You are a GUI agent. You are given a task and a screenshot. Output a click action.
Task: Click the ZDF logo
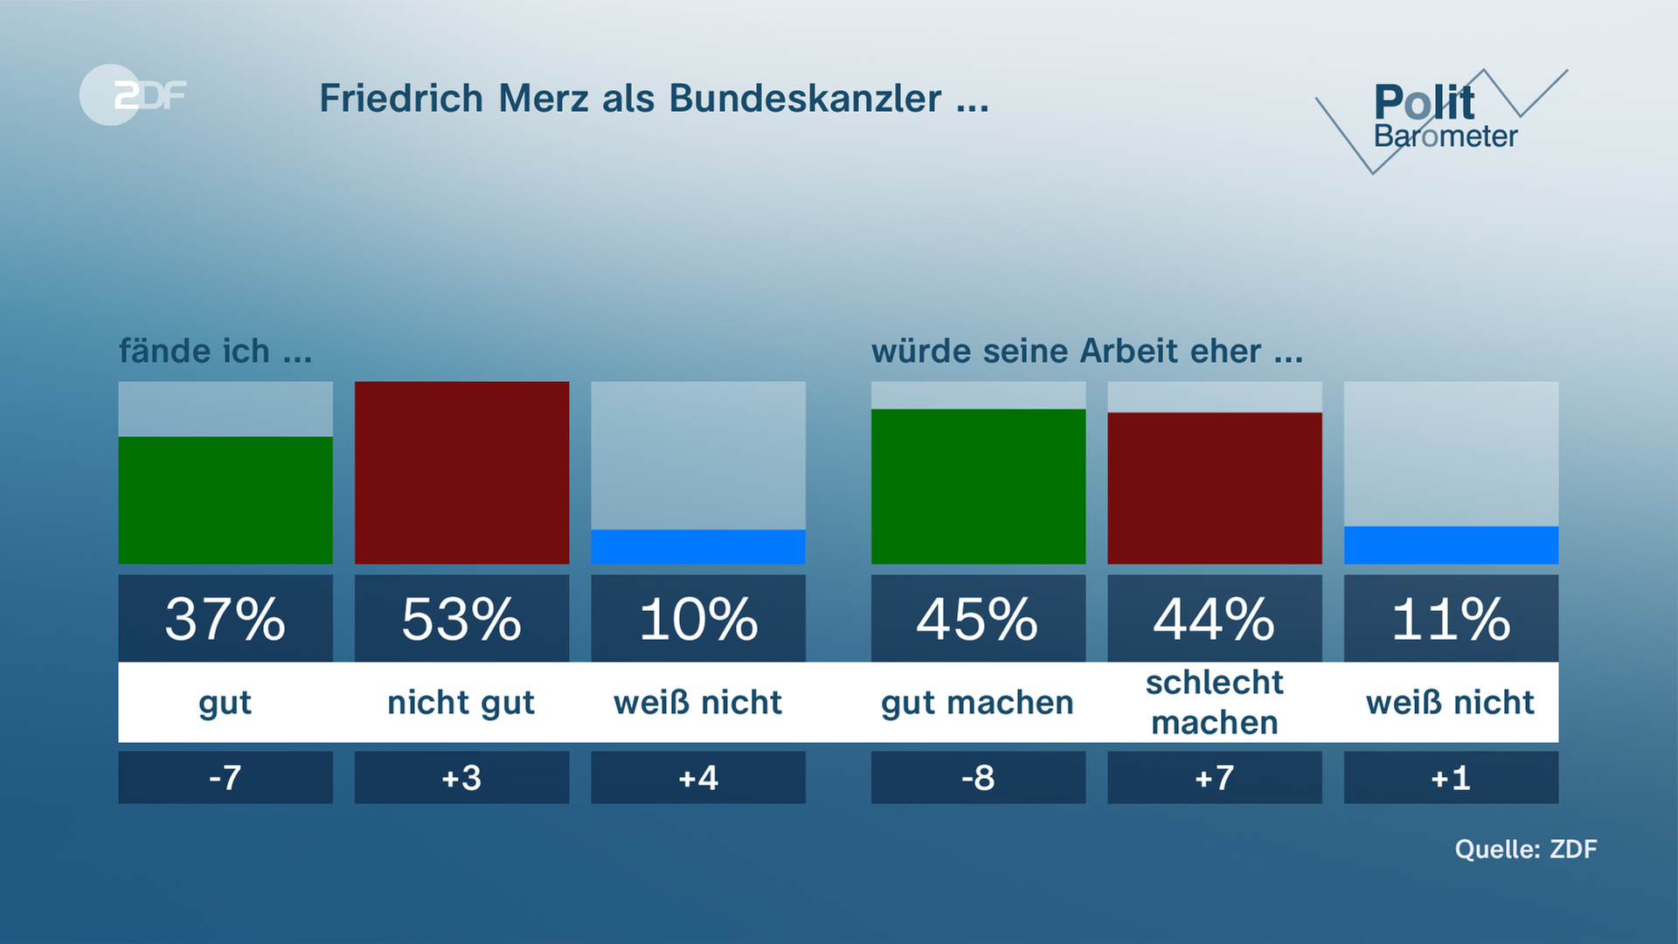[x=133, y=94]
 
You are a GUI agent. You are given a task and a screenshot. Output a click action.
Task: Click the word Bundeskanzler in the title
[x=805, y=98]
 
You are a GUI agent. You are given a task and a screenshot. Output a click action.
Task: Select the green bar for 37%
[x=225, y=500]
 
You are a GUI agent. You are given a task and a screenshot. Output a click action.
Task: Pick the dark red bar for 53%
[x=461, y=472]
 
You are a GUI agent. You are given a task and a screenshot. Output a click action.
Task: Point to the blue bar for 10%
[x=698, y=546]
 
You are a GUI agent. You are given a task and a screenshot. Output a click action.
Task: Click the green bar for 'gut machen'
[x=978, y=486]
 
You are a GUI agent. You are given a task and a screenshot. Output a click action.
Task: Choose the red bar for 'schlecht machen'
[x=1214, y=488]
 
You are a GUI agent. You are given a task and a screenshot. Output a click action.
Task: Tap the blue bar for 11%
[x=1451, y=545]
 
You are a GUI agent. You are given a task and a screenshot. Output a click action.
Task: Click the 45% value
[x=978, y=619]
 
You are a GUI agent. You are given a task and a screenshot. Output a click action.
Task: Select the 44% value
[x=1214, y=619]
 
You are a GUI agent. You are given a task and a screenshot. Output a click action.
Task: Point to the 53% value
[x=461, y=619]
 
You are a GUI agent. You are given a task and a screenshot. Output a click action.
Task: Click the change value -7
[x=225, y=777]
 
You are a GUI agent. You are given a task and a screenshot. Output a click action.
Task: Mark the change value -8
[x=978, y=777]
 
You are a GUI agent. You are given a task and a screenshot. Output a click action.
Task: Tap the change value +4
[x=698, y=777]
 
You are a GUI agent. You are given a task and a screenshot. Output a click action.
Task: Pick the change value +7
[x=1214, y=777]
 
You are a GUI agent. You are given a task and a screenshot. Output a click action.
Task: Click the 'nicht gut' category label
[x=461, y=703]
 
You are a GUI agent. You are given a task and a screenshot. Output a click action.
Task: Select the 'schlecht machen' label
[x=1214, y=703]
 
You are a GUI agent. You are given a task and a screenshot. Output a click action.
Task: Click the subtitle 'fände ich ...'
[x=215, y=351]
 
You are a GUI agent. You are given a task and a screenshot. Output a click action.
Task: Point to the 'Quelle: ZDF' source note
[x=1525, y=849]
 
